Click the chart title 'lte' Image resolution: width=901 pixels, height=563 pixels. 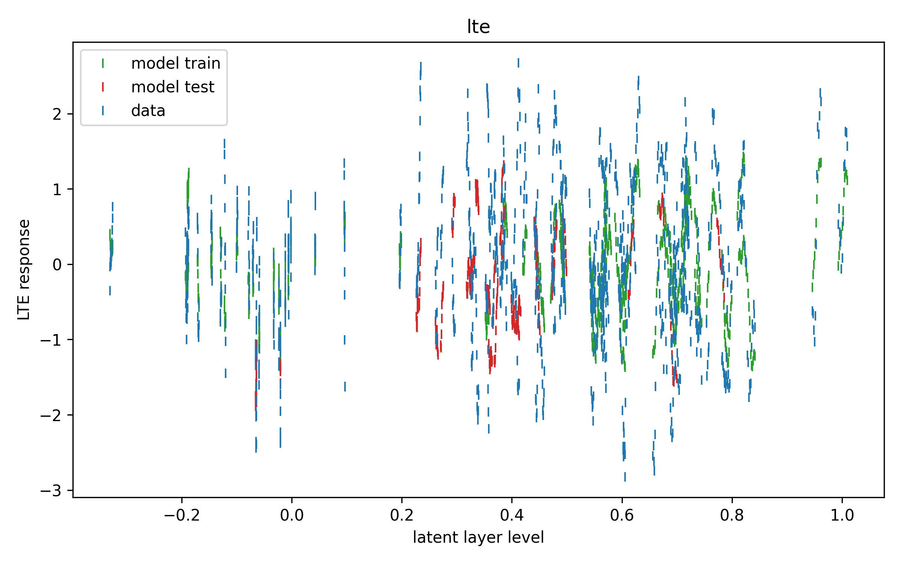[x=478, y=27]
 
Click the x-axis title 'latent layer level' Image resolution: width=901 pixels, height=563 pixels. [x=478, y=537]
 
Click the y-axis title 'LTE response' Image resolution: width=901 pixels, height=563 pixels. [x=24, y=269]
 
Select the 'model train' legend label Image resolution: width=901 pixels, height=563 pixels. [x=176, y=63]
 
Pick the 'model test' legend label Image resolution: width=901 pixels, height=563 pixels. [x=173, y=87]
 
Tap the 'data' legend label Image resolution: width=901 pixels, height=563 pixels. [x=148, y=111]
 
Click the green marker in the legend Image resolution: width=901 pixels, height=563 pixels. [x=103, y=63]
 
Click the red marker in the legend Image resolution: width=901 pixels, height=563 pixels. [x=103, y=87]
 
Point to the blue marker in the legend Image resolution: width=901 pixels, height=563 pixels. [x=103, y=111]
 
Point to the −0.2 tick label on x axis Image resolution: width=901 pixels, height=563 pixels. [x=182, y=515]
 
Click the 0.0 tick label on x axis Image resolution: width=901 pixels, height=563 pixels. [x=292, y=515]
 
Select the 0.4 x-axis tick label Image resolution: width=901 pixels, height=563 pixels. [x=512, y=515]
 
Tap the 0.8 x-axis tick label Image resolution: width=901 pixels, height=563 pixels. [x=732, y=515]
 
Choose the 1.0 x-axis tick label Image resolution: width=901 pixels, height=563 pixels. [x=842, y=515]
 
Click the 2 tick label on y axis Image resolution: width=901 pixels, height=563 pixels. [x=57, y=114]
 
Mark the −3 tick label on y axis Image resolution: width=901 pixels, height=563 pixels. [x=51, y=491]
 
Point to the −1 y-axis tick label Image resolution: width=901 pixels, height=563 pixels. [x=51, y=340]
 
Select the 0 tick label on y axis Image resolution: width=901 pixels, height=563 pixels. [x=57, y=265]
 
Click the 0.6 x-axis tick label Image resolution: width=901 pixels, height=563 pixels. [x=622, y=515]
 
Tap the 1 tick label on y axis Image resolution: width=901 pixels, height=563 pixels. [x=57, y=190]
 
